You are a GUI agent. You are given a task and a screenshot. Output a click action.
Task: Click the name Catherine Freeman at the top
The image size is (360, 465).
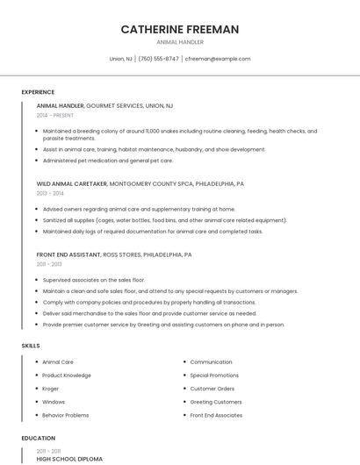click(x=179, y=29)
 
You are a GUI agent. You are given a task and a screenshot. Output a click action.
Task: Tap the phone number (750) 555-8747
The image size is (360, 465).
click(x=158, y=59)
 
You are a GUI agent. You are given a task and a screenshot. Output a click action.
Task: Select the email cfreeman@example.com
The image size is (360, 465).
click(x=218, y=59)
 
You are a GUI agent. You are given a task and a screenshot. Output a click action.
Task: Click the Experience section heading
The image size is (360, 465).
click(x=38, y=92)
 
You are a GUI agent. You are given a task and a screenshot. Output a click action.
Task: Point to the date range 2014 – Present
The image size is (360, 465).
click(x=55, y=115)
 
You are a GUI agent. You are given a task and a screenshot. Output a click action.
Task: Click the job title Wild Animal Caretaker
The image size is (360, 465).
click(x=71, y=184)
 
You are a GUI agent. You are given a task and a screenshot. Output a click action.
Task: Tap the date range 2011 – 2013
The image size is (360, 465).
click(x=49, y=264)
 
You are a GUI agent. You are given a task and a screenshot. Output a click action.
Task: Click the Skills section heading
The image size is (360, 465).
click(x=31, y=346)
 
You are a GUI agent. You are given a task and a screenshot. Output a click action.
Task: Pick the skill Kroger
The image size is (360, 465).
click(x=52, y=389)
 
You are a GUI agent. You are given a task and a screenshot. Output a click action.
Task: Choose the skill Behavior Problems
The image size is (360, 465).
click(x=65, y=415)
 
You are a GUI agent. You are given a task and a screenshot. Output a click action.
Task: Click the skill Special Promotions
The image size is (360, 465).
click(x=214, y=376)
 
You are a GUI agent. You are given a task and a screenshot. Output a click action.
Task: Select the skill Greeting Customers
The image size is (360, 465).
click(x=216, y=402)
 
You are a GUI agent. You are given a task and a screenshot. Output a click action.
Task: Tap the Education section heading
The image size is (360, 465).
click(x=38, y=439)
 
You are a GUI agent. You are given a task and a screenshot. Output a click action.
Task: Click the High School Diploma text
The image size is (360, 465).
click(x=69, y=459)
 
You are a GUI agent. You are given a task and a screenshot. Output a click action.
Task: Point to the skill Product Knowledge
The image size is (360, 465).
click(x=67, y=376)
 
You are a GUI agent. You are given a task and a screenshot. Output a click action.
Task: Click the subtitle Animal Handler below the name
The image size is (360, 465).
click(x=179, y=42)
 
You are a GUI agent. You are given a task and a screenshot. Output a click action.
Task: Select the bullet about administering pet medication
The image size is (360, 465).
click(x=107, y=161)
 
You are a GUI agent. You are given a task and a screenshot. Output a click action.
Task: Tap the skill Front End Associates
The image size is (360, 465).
click(x=216, y=415)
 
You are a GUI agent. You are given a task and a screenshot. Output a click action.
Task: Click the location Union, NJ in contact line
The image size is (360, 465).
click(x=121, y=59)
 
